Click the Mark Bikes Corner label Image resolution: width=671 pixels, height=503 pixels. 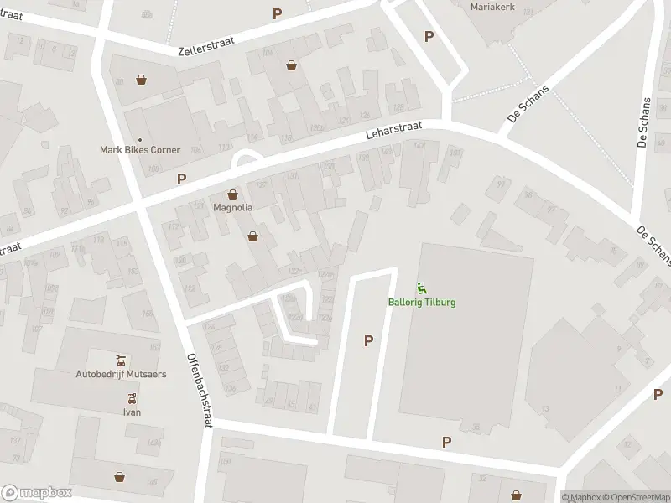tap(140, 150)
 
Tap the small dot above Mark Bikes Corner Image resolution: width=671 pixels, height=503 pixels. tap(140, 139)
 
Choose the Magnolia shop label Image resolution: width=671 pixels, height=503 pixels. tap(232, 206)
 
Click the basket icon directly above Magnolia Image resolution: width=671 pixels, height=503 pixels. tap(232, 194)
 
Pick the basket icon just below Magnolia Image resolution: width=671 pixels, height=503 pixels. tap(252, 237)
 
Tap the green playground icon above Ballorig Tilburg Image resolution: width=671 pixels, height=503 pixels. tap(422, 290)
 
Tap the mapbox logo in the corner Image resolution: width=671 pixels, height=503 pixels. tap(37, 492)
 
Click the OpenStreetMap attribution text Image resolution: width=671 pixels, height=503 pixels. tap(632, 497)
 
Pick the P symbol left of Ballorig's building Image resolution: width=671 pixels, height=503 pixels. tap(367, 340)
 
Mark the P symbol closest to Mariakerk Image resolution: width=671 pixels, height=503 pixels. tap(429, 36)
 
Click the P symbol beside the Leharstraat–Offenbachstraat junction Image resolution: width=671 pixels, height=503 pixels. tap(181, 179)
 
